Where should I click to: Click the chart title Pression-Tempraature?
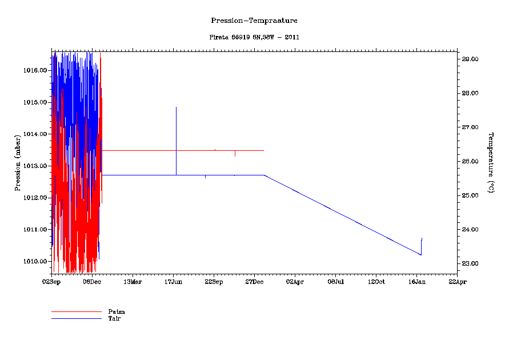[254, 21]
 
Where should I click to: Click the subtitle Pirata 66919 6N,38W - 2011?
[254, 37]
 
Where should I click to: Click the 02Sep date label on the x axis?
[51, 281]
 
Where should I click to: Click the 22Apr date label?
[457, 281]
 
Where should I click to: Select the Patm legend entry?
[117, 311]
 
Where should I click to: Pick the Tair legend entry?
[114, 318]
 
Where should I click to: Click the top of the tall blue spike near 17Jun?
[176, 107]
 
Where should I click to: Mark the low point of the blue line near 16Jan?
[421, 255]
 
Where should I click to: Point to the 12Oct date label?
[376, 281]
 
